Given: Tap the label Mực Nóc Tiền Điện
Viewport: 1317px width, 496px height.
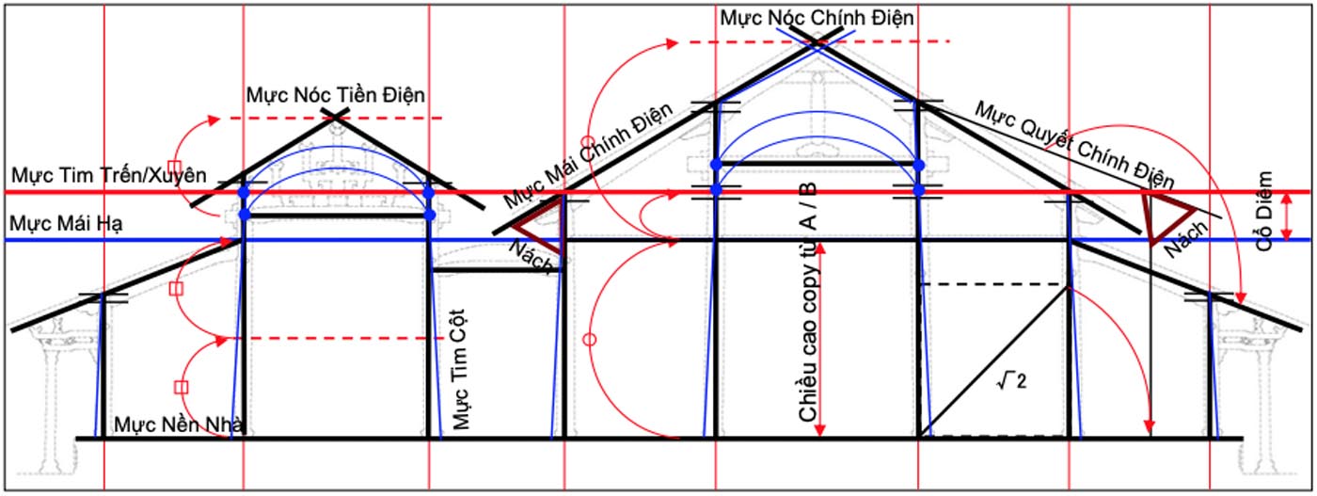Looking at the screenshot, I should click(336, 95).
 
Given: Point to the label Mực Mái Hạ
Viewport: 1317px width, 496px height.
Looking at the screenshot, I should click(66, 224).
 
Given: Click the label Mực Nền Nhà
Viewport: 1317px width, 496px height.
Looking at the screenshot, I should click(180, 424).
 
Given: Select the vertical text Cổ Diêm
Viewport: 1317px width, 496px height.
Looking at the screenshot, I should click(1265, 211).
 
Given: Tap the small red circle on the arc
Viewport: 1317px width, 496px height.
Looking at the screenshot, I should click(590, 339).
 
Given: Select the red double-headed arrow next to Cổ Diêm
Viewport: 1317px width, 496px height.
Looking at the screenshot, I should click(1289, 216).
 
